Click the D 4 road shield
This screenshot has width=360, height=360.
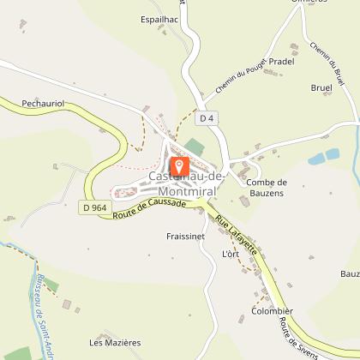tap(203, 117)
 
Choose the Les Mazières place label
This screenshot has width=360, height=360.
tap(114, 342)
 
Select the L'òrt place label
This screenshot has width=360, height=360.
tap(231, 255)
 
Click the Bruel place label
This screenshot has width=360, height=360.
tap(321, 88)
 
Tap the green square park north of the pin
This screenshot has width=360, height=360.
tap(196, 146)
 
